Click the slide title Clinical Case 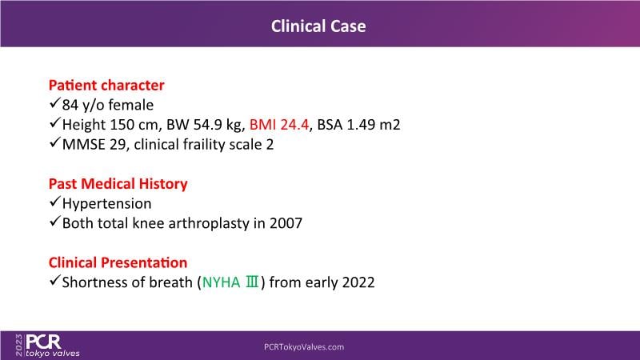pos(318,26)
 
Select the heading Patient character pos(106,85)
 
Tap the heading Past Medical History pos(118,184)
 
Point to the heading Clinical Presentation pos(118,262)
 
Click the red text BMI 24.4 pos(279,125)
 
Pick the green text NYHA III pos(230,282)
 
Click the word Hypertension pos(107,204)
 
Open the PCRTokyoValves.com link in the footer pos(304,347)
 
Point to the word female pos(131,105)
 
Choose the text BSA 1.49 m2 pos(358,125)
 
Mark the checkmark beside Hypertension pos(54,202)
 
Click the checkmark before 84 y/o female pos(54,103)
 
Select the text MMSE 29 pos(94,145)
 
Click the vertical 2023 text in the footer pos(19,346)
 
